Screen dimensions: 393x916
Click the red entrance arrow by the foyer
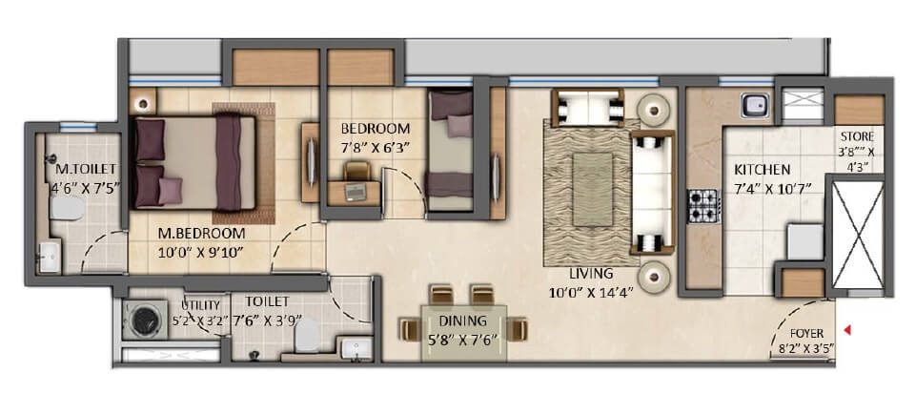848,332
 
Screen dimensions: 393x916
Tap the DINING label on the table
463,321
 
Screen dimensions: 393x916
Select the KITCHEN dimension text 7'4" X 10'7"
772,188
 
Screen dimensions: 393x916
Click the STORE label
857,136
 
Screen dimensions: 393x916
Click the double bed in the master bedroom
195,162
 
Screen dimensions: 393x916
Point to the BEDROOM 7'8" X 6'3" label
376,137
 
